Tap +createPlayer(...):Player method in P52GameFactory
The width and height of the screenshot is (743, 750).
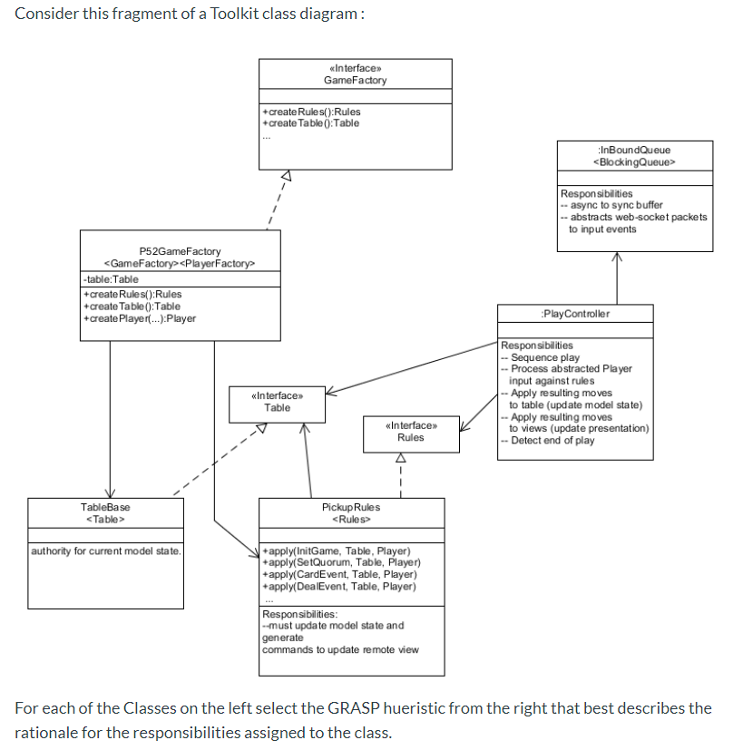(139, 318)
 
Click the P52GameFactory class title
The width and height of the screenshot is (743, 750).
(180, 250)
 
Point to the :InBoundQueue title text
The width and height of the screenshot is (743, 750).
(634, 150)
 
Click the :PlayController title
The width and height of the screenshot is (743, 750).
(574, 314)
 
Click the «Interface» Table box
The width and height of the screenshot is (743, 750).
(276, 402)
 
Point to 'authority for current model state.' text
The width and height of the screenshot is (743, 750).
(106, 551)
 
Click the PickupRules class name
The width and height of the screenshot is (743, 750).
(351, 507)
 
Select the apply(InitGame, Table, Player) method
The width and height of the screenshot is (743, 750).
(336, 551)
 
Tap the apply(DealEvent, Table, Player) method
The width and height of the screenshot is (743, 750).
(338, 586)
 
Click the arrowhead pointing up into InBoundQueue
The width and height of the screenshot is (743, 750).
(617, 257)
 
